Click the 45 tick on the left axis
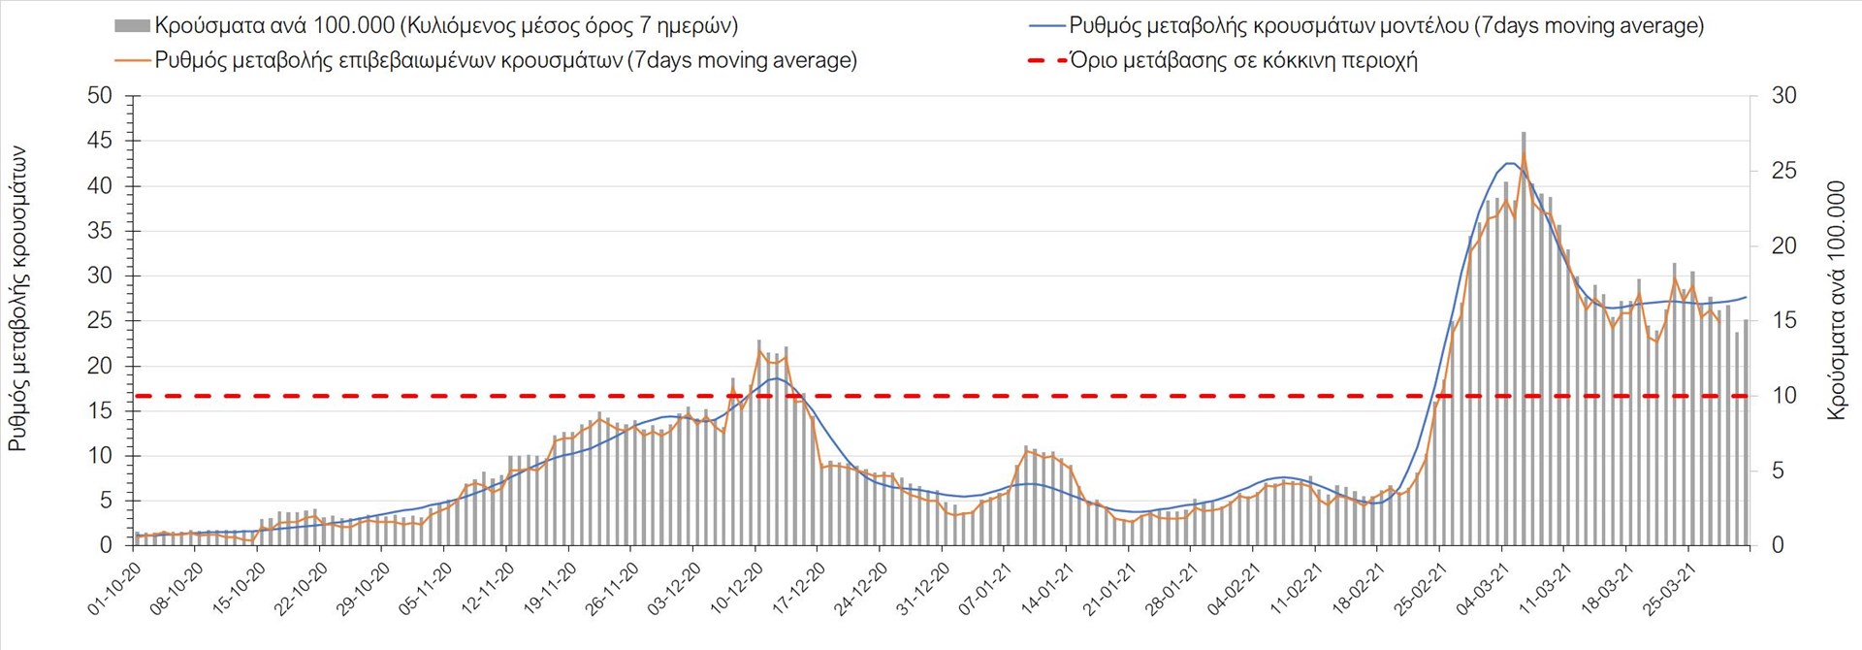(100, 141)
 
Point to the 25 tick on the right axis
(1783, 171)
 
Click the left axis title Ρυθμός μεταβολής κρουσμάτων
(18, 299)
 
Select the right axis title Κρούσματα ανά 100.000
(1836, 300)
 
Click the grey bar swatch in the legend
(131, 26)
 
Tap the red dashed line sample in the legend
(1046, 61)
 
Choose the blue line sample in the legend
(1046, 26)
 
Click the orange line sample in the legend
(133, 61)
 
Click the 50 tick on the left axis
(100, 95)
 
